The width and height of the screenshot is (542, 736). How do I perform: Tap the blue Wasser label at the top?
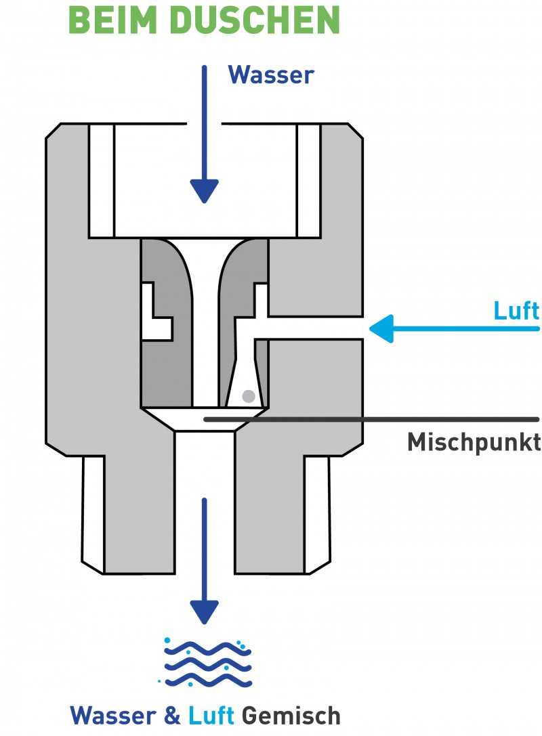tap(271, 74)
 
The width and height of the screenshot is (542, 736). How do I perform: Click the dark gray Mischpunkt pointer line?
tap(373, 419)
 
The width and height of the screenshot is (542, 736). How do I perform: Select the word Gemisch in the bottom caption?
tap(291, 716)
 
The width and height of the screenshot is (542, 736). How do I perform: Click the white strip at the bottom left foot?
tap(93, 511)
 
